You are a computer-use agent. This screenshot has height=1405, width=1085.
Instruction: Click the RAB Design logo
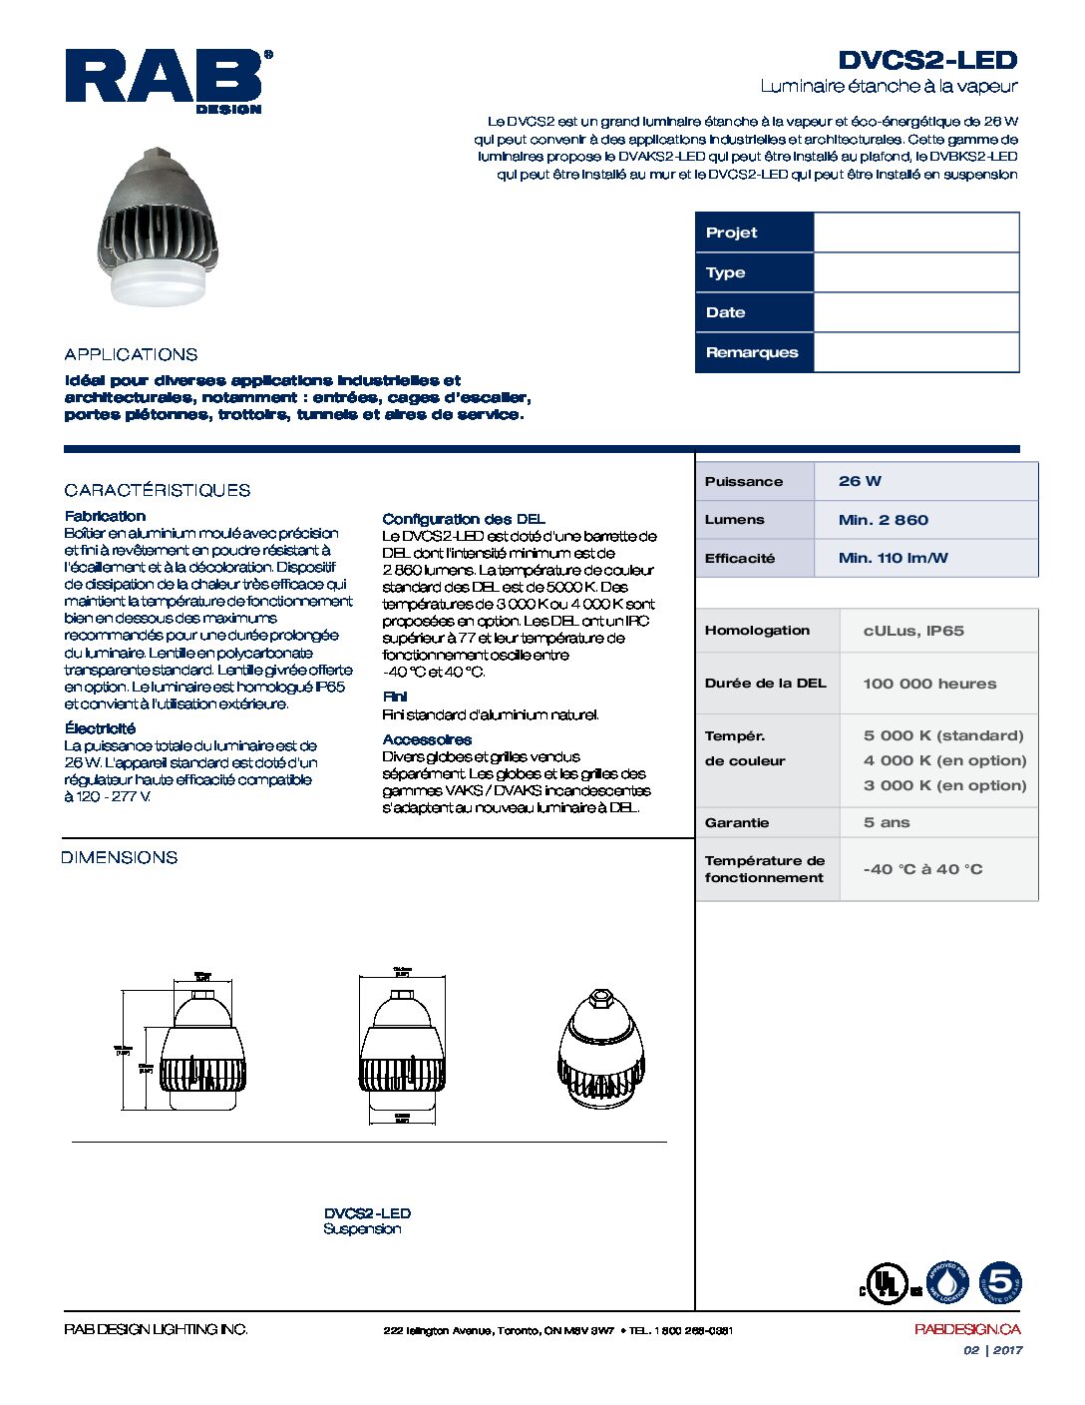168,81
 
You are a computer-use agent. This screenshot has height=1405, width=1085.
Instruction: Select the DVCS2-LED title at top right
926,60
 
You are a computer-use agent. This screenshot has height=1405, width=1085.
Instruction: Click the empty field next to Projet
915,233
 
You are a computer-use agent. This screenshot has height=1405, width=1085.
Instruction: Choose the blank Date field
915,312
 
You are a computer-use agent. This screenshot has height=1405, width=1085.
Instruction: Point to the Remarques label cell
754,352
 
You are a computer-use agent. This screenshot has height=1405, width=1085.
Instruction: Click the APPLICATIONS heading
131,354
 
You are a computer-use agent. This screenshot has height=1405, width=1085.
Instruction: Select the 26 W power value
860,481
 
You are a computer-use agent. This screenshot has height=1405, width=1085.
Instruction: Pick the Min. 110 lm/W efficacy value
893,558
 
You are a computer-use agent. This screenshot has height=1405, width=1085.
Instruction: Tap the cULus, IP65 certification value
912,631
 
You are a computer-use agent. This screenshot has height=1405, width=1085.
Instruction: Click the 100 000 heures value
929,684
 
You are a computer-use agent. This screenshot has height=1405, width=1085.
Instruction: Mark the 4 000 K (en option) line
944,760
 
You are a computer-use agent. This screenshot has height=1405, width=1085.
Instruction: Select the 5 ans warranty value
887,822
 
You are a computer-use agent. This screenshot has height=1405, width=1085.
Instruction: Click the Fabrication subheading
105,516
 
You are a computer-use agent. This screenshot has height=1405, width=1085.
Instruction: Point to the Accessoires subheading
427,739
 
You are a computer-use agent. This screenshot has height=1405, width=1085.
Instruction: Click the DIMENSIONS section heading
119,857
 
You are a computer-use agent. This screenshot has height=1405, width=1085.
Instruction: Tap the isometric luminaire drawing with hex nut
600,1048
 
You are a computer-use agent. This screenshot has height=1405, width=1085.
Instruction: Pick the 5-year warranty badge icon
999,1282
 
